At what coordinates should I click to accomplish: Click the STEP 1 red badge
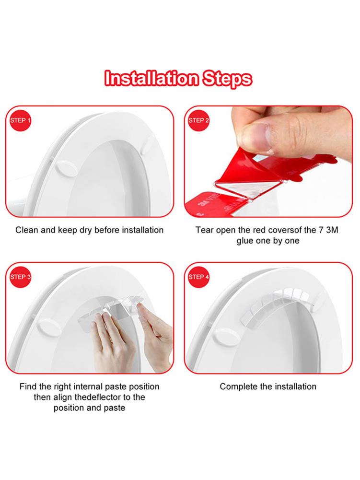[21, 120]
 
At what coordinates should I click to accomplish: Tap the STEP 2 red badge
[199, 120]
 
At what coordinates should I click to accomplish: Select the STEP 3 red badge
[21, 277]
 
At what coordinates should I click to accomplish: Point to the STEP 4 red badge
[199, 277]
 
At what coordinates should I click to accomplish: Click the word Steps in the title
[226, 78]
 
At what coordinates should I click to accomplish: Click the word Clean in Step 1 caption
[26, 230]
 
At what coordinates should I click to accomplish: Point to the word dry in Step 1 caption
[84, 230]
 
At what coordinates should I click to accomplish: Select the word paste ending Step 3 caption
[115, 408]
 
